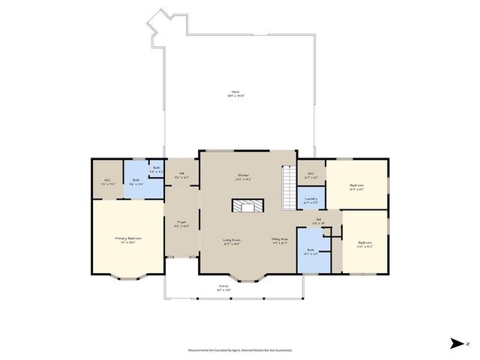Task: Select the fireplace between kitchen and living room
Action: [x=245, y=207]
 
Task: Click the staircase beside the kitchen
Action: [x=288, y=188]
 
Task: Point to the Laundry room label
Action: [x=311, y=199]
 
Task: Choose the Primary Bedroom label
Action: [x=128, y=240]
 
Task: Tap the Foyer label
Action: [x=181, y=223]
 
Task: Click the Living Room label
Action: [x=231, y=241]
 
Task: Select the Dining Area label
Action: [x=280, y=241]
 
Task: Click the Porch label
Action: [x=223, y=288]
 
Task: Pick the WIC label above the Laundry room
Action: [x=310, y=175]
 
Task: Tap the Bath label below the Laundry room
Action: [x=310, y=251]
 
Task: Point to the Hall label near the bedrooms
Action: [x=318, y=221]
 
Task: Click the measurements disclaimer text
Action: [x=239, y=350]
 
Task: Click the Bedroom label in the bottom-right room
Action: [x=364, y=244]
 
